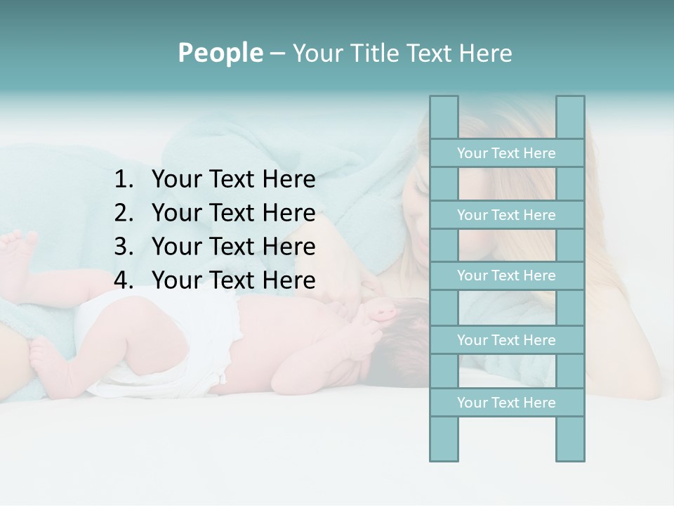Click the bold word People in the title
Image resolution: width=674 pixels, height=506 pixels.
(x=220, y=53)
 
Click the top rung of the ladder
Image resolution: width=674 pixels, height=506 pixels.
(x=506, y=153)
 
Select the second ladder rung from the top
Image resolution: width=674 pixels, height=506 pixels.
(x=506, y=215)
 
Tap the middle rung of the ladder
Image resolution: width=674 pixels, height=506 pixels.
(x=506, y=275)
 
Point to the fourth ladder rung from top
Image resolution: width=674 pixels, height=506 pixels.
(x=506, y=340)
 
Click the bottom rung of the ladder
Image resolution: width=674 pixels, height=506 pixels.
(x=506, y=403)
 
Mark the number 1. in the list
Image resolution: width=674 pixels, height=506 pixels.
(x=124, y=180)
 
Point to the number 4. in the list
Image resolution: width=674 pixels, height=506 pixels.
(x=124, y=280)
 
